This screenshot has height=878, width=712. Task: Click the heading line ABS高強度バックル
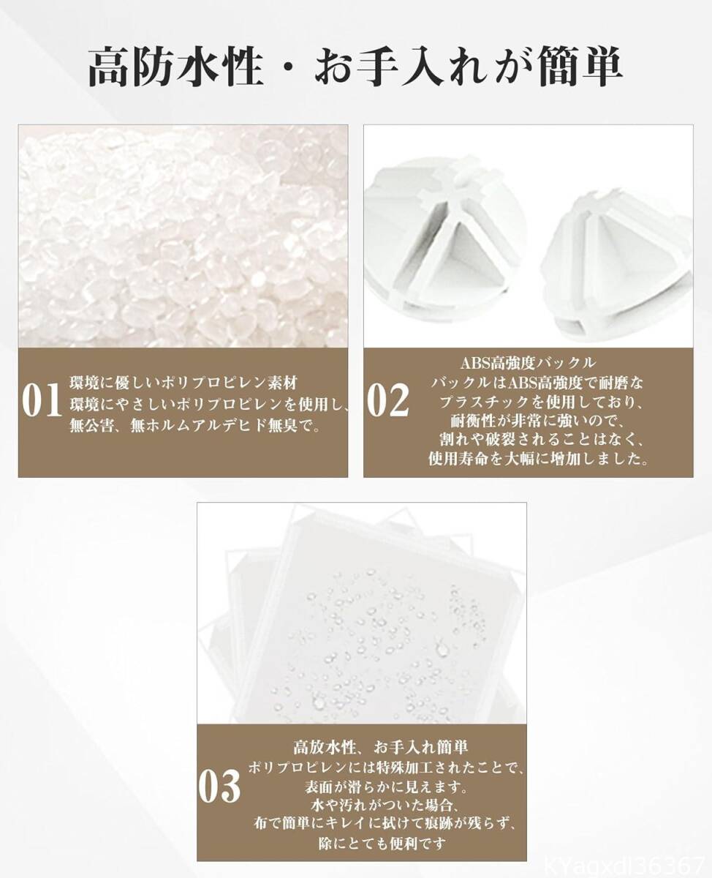[x=529, y=363]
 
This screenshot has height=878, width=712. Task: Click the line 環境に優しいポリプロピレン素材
[x=183, y=383]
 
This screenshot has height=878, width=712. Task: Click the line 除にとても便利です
[x=382, y=852]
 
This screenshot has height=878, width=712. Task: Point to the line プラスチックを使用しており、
[x=539, y=402]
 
